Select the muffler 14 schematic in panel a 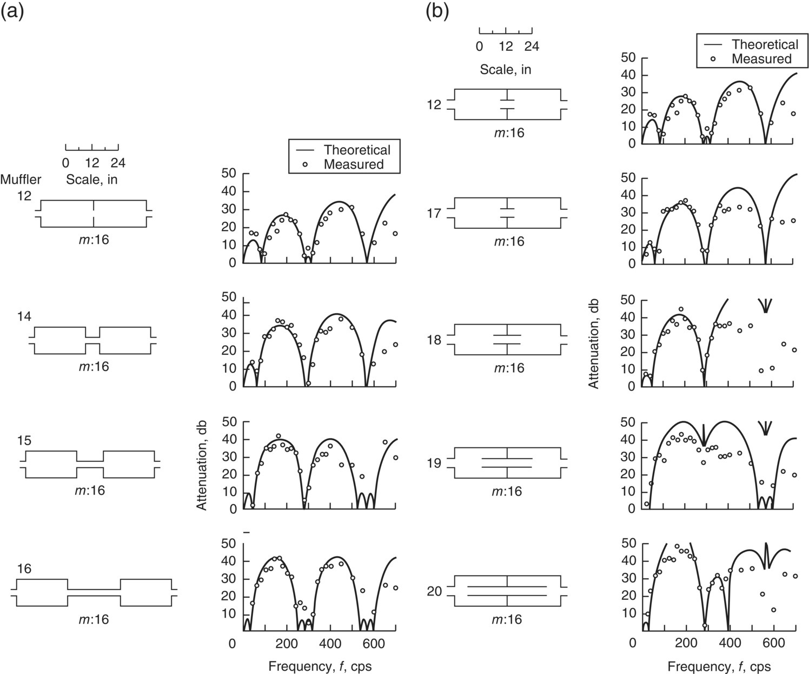92,340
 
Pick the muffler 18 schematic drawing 507,339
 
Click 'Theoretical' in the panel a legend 357,150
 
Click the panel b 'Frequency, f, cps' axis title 719,666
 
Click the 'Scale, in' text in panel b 506,70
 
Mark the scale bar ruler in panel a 92,147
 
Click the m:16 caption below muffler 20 507,619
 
